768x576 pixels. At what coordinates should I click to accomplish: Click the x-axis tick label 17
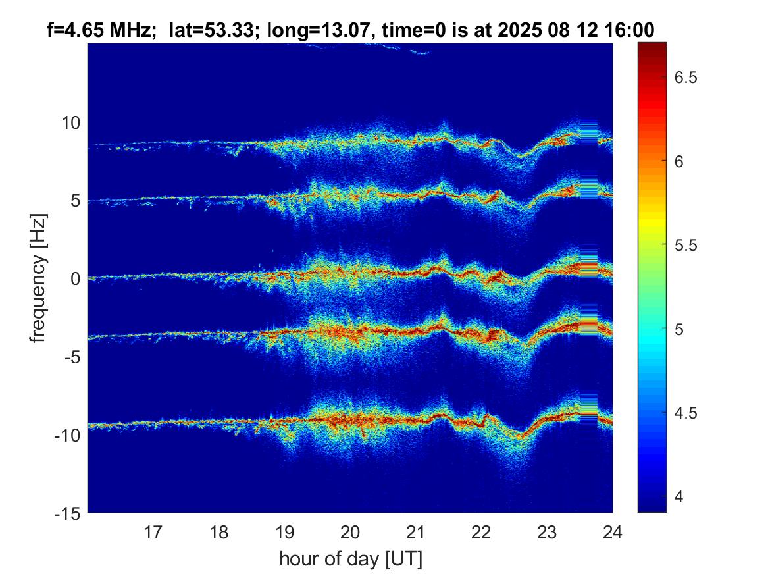pos(153,531)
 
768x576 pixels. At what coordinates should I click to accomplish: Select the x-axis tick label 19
pos(285,531)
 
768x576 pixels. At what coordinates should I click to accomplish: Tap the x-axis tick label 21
pos(416,531)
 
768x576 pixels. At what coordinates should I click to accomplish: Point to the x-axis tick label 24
pos(613,531)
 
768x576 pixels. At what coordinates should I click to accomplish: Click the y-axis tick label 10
pos(70,123)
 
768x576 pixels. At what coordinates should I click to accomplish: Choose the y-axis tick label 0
pos(75,279)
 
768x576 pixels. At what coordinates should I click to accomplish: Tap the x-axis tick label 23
pos(548,531)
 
